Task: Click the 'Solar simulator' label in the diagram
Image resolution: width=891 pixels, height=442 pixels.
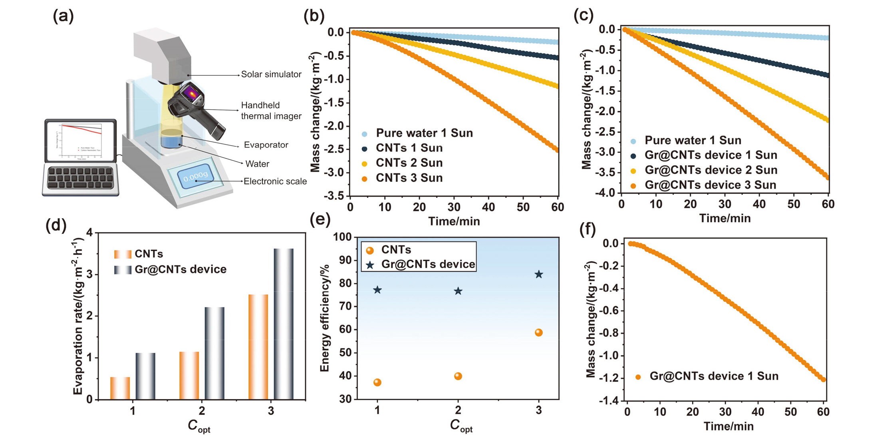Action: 271,74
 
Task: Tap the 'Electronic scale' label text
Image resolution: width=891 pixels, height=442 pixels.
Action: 275,181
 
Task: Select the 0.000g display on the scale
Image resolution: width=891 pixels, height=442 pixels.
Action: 195,176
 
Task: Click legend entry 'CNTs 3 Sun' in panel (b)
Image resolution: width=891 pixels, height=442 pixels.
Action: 409,178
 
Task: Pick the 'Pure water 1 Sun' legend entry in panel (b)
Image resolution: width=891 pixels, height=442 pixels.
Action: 424,133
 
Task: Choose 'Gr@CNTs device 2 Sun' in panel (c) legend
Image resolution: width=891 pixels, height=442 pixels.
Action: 710,170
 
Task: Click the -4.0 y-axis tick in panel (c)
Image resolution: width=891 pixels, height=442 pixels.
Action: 605,193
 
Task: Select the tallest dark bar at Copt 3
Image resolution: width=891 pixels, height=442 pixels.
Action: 284,324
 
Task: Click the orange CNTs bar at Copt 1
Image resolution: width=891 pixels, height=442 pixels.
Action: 120,388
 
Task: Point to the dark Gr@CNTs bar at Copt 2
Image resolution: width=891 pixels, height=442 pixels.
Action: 214,353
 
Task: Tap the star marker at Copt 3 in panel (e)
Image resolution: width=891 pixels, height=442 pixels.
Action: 539,274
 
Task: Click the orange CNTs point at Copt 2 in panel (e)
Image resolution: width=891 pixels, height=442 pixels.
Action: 458,376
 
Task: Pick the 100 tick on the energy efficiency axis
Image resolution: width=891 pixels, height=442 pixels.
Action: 343,237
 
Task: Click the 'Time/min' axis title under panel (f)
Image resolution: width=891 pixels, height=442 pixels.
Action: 728,426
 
